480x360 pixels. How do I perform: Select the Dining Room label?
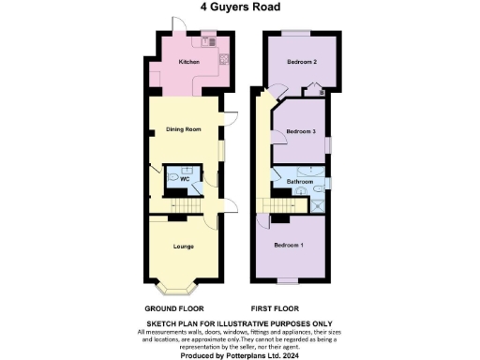(x=184, y=129)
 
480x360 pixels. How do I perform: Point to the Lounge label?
(x=184, y=246)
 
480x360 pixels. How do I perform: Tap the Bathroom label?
(x=300, y=181)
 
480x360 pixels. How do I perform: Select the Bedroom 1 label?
(x=289, y=245)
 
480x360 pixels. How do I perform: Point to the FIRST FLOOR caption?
(x=275, y=308)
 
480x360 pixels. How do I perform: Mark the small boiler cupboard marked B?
(x=322, y=92)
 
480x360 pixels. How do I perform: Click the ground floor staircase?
(x=193, y=208)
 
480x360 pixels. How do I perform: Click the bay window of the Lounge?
(x=184, y=283)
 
